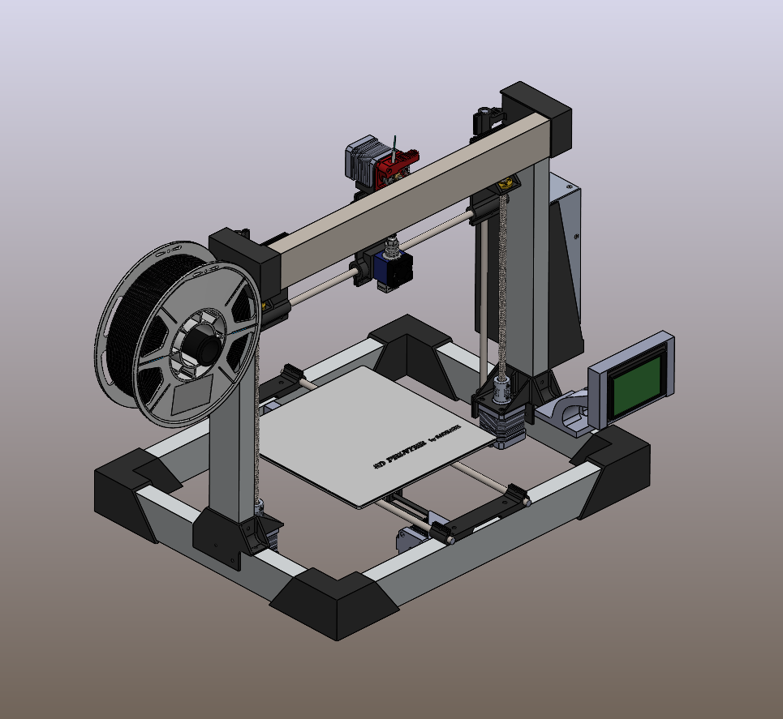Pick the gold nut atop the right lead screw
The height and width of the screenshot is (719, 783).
pyautogui.click(x=507, y=184)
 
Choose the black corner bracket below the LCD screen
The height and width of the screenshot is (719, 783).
pyautogui.click(x=617, y=470)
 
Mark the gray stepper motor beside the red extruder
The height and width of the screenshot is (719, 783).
pyautogui.click(x=362, y=161)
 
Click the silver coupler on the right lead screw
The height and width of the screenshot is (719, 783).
pyautogui.click(x=502, y=387)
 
